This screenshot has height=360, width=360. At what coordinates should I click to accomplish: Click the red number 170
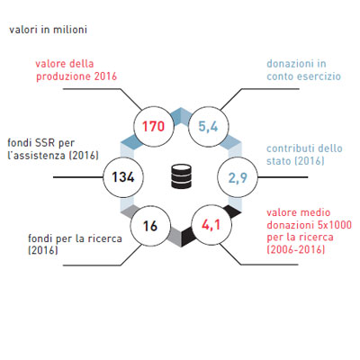click(153, 126)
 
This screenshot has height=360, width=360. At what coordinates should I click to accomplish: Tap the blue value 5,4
click(208, 127)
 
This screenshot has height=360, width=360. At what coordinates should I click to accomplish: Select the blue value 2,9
click(238, 178)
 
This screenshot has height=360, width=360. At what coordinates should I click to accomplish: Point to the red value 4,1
click(211, 225)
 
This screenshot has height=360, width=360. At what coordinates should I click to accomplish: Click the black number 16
click(150, 226)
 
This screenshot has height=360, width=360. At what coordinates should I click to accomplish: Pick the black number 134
click(123, 177)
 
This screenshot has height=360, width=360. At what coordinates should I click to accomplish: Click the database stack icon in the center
click(181, 176)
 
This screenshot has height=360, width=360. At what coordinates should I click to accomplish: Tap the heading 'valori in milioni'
click(48, 30)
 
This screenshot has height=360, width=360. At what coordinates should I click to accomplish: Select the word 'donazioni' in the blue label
click(289, 64)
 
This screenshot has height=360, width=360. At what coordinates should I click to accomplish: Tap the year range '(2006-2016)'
click(296, 249)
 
